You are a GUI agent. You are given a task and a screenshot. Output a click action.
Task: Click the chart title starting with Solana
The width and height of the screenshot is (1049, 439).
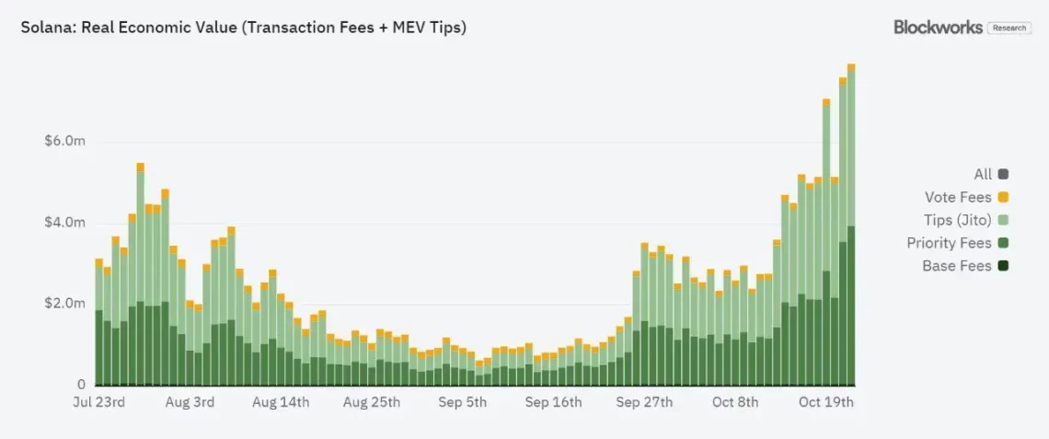coord(244,28)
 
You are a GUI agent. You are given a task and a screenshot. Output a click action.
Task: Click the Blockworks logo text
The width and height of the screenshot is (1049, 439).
coord(939,28)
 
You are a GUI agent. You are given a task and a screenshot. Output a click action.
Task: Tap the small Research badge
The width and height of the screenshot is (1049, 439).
coord(1009,29)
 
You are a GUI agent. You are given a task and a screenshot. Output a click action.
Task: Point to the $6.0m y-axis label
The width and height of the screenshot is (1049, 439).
coord(64,142)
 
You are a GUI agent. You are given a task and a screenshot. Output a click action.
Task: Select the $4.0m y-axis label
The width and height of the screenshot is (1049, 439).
coord(64,223)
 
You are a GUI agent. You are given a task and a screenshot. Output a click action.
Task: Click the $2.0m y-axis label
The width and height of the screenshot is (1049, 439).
coord(64,304)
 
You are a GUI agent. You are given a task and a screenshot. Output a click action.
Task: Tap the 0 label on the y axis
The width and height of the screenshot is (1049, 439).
coord(81,385)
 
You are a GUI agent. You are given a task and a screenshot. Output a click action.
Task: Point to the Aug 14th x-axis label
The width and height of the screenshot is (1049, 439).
coord(281,402)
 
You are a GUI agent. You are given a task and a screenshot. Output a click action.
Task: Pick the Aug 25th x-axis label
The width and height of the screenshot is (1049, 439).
coord(372,402)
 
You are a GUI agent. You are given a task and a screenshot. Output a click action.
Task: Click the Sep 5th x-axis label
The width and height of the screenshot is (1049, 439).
coord(463,402)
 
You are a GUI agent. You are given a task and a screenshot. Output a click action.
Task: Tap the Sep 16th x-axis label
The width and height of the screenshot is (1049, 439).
coord(554,402)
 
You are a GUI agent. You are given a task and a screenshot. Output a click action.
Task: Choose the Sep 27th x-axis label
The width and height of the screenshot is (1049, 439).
coord(644,402)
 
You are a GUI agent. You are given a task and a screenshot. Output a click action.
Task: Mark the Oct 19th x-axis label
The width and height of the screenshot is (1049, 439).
coord(825,402)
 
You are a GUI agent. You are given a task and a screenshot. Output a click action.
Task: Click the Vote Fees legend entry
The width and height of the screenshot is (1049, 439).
coord(958,197)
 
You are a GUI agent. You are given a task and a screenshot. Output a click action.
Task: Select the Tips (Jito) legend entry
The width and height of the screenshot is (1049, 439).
coord(958,220)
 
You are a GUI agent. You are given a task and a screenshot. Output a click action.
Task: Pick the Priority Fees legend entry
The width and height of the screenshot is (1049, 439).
coord(949,243)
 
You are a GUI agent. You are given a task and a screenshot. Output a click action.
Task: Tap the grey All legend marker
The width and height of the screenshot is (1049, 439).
coord(1003,174)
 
